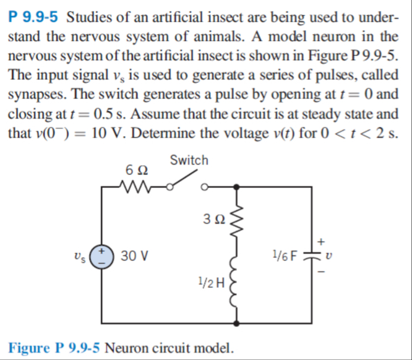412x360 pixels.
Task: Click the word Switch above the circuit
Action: pyautogui.click(x=189, y=160)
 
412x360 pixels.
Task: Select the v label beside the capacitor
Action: pyautogui.click(x=320, y=254)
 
